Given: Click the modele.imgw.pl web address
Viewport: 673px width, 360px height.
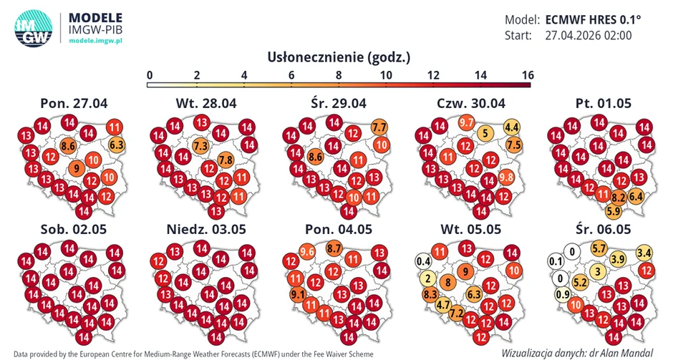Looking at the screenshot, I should tap(96, 42).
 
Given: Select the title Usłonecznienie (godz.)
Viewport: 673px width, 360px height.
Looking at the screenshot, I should tap(339, 57).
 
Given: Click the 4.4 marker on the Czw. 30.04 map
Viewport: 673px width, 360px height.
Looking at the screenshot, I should tap(512, 127).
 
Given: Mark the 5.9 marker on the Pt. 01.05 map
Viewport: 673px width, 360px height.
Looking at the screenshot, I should tap(614, 210).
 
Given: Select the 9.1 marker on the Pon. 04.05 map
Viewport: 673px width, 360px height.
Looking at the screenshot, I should tap(297, 293).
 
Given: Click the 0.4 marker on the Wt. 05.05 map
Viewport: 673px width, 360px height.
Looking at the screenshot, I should tap(423, 260).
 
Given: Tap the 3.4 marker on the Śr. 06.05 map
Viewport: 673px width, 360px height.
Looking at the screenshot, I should tap(644, 252).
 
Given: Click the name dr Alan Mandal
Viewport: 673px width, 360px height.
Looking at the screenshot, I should tap(625, 352).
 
